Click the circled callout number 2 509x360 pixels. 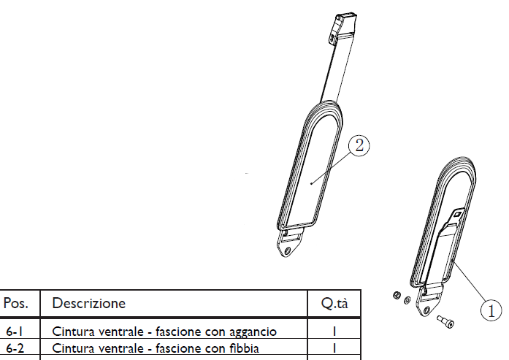click(358, 145)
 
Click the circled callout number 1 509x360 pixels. click(491, 310)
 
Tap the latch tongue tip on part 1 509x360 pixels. click(458, 214)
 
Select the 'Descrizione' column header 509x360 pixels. click(88, 303)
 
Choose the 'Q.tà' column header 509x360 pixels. click(334, 303)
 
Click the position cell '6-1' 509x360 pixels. click(15, 332)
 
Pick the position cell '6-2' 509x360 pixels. click(15, 348)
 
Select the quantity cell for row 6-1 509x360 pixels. click(334, 332)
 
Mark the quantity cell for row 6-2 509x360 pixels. click(334, 348)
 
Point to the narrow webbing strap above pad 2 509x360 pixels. click(332, 73)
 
